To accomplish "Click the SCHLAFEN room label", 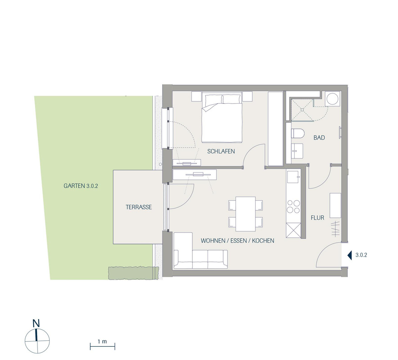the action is pyautogui.click(x=221, y=151).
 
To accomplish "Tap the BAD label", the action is pyautogui.click(x=319, y=138).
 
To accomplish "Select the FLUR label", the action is pyautogui.click(x=317, y=218).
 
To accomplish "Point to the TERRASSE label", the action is pyautogui.click(x=139, y=207).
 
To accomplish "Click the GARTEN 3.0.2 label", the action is pyautogui.click(x=81, y=186).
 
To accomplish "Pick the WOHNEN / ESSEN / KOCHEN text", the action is pyautogui.click(x=237, y=241).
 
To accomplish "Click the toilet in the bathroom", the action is pyautogui.click(x=298, y=133).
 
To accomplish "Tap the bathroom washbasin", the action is pyautogui.click(x=297, y=151).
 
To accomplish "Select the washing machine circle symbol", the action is pyautogui.click(x=332, y=99).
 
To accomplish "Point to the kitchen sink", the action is pyautogui.click(x=293, y=177).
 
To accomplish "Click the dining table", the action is pyautogui.click(x=245, y=214).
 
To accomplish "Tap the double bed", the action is pyautogui.click(x=222, y=117).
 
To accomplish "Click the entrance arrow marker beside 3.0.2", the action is pyautogui.click(x=350, y=255).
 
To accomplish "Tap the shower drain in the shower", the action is pyautogui.click(x=302, y=109).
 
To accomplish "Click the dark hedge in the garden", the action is pyautogui.click(x=134, y=273).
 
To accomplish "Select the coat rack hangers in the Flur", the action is pyautogui.click(x=336, y=229).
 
